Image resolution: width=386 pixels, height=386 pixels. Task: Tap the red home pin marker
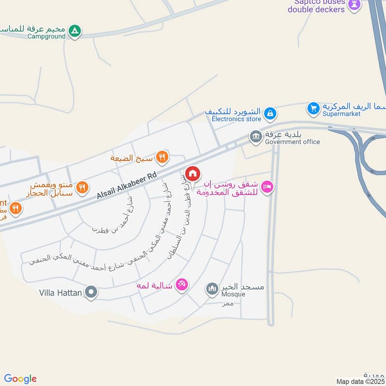(x=193, y=173)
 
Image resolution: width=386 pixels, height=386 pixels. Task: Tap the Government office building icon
(x=255, y=137)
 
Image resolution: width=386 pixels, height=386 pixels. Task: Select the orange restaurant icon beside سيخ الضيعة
(x=163, y=157)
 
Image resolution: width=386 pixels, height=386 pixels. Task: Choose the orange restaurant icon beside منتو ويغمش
(x=83, y=187)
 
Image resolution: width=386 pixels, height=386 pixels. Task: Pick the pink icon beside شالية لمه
(x=181, y=285)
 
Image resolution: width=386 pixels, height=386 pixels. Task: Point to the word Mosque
(x=233, y=294)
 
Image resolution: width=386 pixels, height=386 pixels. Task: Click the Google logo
(x=20, y=379)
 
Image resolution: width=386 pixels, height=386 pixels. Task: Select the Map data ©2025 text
(x=359, y=381)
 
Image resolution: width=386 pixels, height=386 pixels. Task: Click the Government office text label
(x=292, y=142)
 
